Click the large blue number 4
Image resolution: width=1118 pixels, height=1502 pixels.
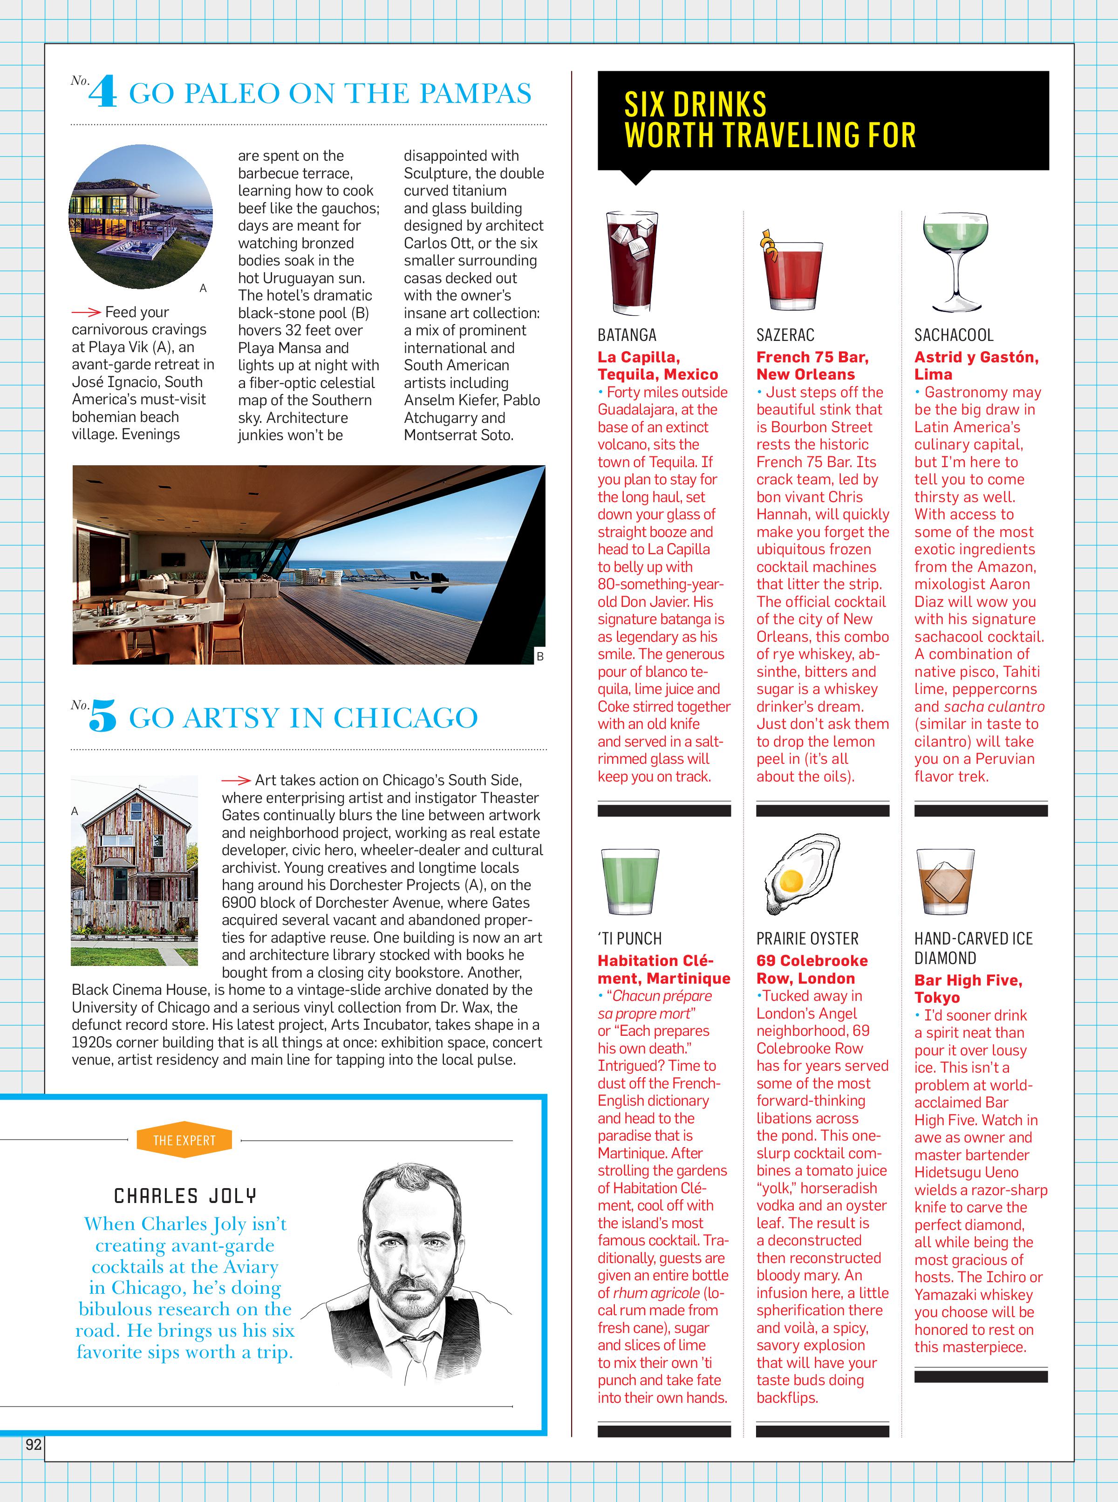tap(103, 92)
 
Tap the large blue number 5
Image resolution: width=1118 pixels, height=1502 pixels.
tap(103, 716)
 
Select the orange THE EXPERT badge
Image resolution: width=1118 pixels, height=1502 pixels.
tap(184, 1140)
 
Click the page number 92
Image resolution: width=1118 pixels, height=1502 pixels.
tap(33, 1445)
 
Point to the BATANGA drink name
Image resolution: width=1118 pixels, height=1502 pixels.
tap(627, 335)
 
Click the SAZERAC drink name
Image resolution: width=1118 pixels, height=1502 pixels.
tap(785, 335)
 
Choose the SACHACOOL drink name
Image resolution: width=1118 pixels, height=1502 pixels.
tap(954, 335)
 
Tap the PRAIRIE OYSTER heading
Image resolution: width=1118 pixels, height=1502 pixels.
tap(807, 938)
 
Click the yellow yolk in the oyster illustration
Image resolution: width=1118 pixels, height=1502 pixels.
tap(791, 880)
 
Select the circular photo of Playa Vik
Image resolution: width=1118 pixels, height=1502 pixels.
tap(141, 217)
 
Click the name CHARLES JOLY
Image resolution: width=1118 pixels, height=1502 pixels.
tap(185, 1196)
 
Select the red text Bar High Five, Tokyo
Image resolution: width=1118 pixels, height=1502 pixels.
tap(968, 988)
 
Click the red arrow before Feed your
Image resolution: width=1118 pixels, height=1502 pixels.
tap(86, 312)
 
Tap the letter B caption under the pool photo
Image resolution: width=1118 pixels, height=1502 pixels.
tap(539, 656)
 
